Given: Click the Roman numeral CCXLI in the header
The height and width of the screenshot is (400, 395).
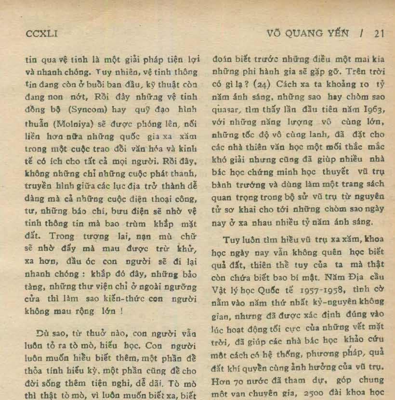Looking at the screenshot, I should click(41, 34).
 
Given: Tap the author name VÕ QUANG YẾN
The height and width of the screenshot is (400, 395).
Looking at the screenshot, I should click(308, 34).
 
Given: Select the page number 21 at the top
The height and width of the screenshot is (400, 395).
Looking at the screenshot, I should click(379, 34).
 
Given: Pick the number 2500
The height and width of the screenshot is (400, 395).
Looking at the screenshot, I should click(317, 391).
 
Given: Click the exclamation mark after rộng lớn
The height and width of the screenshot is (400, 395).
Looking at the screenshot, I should click(121, 311).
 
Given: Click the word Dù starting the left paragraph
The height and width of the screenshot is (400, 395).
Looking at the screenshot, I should click(42, 333).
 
